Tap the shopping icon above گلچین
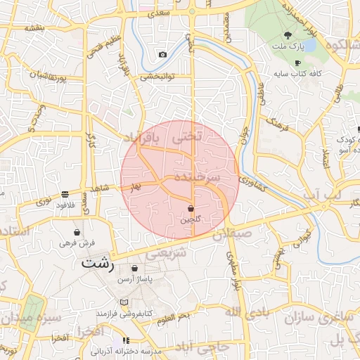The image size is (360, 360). click(x=191, y=209)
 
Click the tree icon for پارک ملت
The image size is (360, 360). click(x=287, y=35)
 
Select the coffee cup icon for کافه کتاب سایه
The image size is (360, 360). click(x=297, y=63)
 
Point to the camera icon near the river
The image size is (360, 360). click(x=163, y=54)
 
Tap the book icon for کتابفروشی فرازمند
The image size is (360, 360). click(x=124, y=302)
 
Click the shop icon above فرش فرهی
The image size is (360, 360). click(x=77, y=232)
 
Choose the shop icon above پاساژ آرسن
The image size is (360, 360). click(x=134, y=269)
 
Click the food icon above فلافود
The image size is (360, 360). click(x=65, y=193)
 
